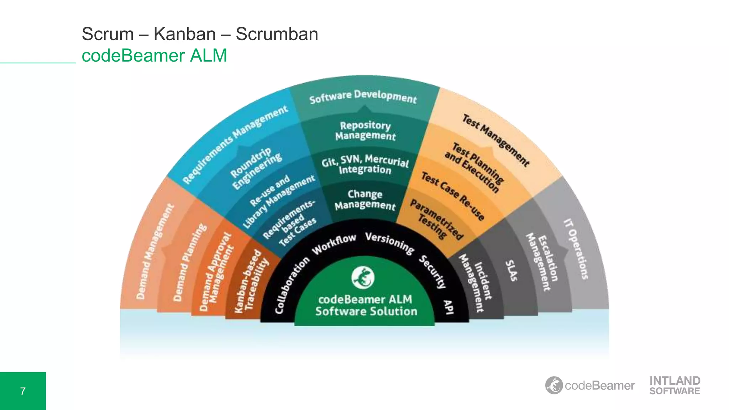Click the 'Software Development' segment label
363,96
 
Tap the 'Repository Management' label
365,131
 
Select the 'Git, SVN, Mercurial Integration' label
365,164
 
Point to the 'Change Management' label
365,199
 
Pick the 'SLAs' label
512,270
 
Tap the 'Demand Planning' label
189,262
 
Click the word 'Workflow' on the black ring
334,244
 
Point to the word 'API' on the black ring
448,307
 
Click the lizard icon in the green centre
363,277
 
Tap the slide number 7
23,391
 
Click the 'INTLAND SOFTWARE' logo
675,385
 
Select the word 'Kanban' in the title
184,34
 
